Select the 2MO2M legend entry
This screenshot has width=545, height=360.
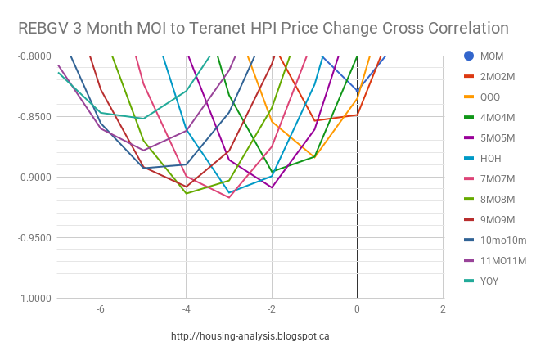click(x=497, y=76)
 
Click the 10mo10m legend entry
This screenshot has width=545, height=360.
click(x=498, y=240)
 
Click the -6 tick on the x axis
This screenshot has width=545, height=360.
click(x=100, y=309)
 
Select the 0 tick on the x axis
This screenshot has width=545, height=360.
click(x=357, y=309)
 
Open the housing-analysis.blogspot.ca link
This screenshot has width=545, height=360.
click(x=250, y=336)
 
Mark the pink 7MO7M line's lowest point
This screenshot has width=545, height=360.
click(x=229, y=197)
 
